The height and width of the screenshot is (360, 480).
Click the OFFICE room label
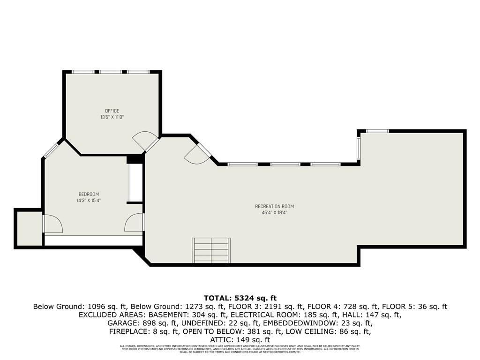(112, 111)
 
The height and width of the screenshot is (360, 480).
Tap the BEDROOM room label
(89, 194)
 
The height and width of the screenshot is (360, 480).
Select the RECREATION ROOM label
(274, 206)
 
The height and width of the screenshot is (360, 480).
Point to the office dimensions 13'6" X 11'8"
(112, 117)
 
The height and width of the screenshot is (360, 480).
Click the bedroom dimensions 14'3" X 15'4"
(89, 200)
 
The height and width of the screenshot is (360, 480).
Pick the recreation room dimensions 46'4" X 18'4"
(274, 212)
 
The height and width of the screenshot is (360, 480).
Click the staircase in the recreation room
(211, 250)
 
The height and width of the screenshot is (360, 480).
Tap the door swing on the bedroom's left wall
(53, 224)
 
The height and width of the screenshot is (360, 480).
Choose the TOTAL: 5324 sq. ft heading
(240, 298)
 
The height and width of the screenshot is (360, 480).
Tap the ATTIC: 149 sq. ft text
(240, 339)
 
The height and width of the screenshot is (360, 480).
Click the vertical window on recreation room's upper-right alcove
(359, 147)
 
